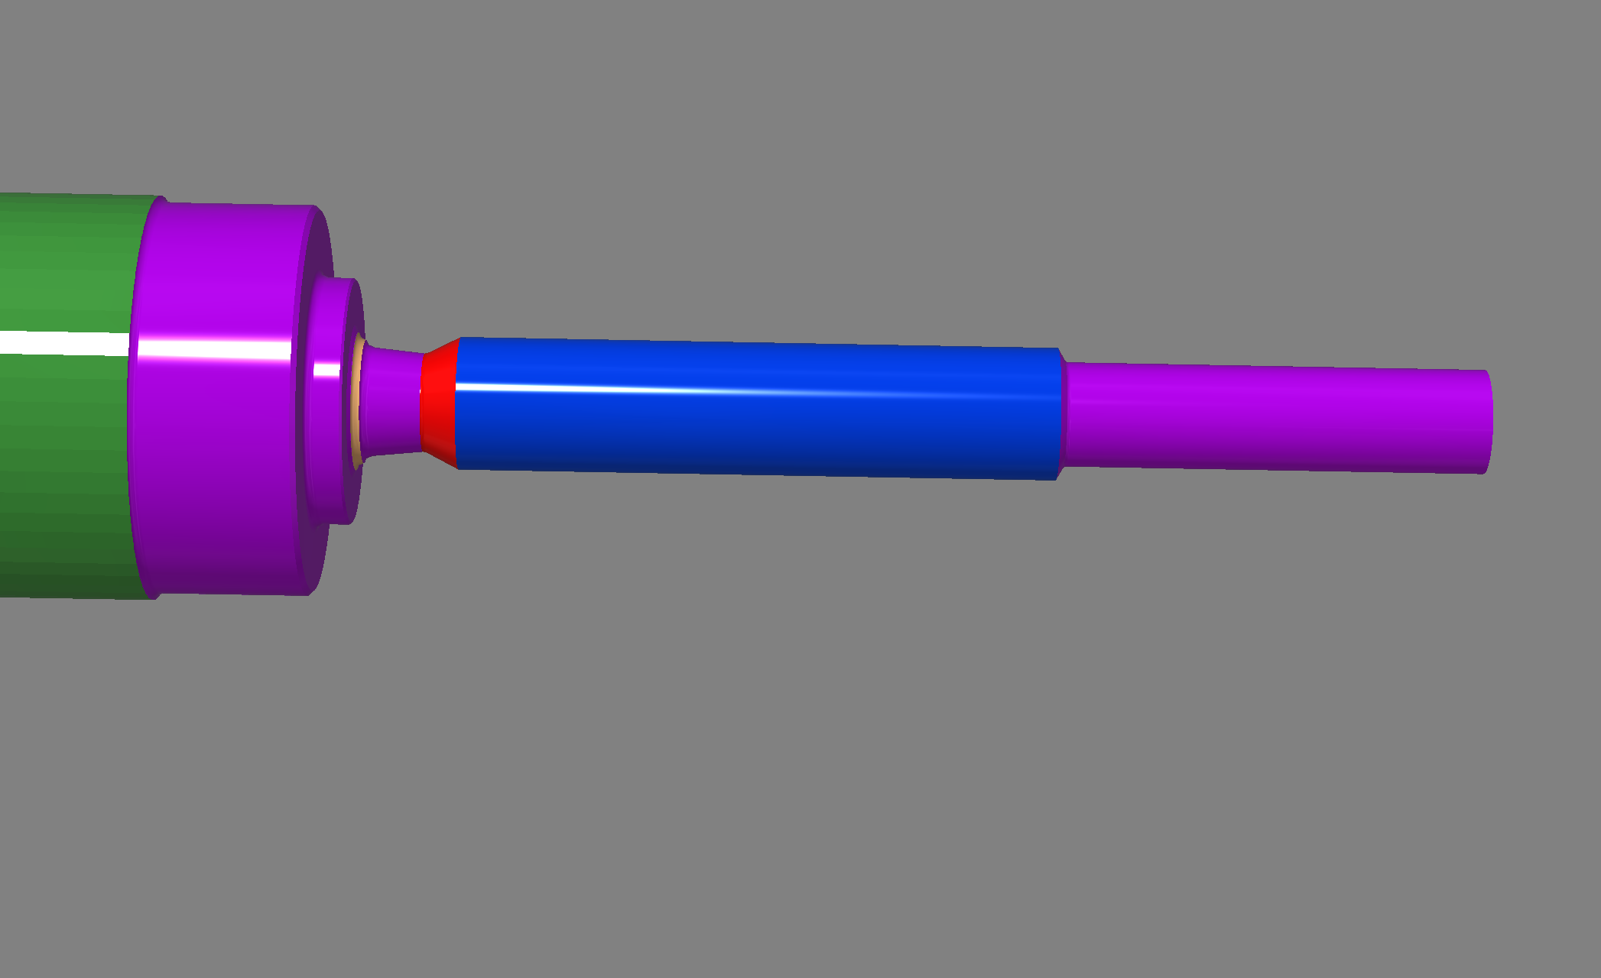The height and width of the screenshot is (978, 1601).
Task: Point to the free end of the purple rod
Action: coord(1488,422)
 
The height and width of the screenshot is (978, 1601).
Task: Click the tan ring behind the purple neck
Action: coord(356,401)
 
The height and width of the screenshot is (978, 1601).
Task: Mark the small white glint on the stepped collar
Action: coord(327,371)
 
